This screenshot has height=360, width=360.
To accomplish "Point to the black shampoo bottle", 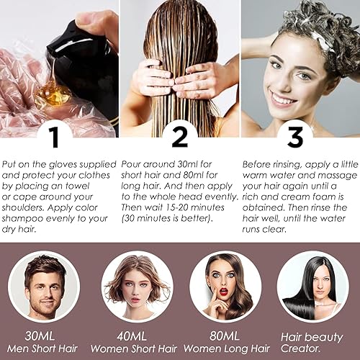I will [x=79, y=54].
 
